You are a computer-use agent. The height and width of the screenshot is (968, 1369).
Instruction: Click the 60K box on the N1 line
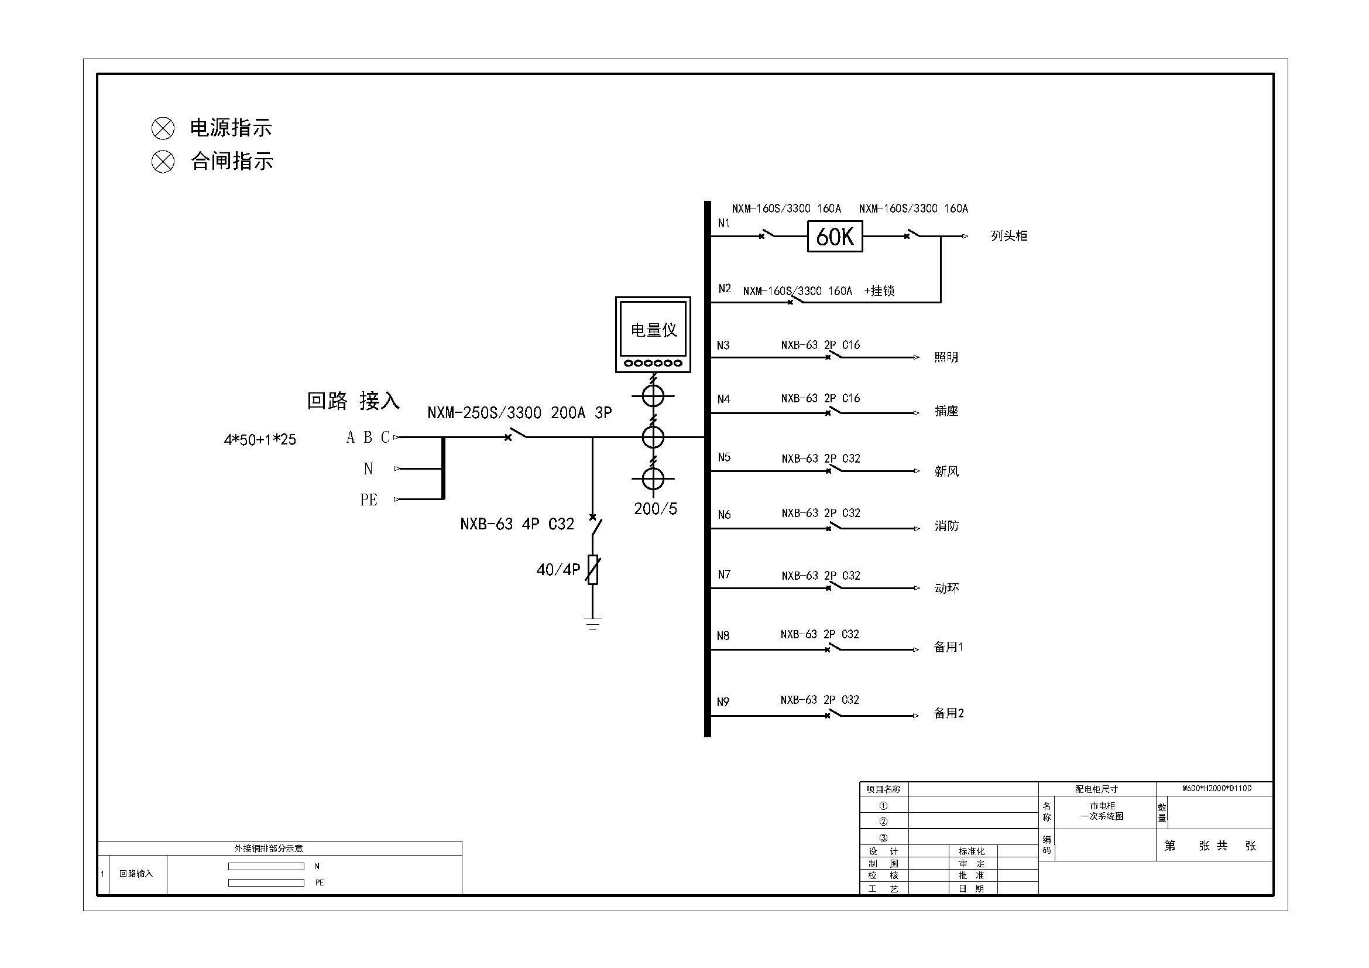tap(834, 237)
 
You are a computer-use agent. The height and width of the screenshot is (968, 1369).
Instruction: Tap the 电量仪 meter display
tap(653, 329)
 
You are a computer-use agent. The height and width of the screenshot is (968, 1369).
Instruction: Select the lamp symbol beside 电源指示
tap(163, 128)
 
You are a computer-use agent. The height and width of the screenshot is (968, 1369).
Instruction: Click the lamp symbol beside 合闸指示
tap(163, 162)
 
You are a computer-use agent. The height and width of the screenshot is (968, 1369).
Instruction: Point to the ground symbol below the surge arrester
tap(593, 623)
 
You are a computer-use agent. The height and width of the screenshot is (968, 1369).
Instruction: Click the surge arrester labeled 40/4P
tap(593, 570)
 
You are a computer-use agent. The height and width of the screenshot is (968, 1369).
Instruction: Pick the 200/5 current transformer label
tap(656, 509)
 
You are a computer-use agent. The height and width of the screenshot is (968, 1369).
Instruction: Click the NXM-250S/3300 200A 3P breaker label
tap(519, 413)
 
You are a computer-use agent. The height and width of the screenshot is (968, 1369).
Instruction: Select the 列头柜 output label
tap(1009, 236)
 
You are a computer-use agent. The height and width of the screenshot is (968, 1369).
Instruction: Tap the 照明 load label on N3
tap(946, 357)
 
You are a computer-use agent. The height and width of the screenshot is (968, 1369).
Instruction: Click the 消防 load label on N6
tap(946, 526)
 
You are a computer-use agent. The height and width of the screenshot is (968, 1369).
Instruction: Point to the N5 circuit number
tap(724, 457)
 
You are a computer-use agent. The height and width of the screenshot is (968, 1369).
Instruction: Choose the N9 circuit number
tap(723, 702)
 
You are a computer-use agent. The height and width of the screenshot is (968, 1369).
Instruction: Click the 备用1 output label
tap(948, 647)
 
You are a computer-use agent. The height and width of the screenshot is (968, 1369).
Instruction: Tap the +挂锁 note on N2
tap(880, 291)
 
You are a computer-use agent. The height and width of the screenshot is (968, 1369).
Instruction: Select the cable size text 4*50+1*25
tap(260, 440)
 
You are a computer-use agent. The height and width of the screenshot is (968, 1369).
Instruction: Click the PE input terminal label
tap(369, 500)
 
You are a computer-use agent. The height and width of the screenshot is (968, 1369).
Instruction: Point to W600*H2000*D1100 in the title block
tap(1217, 788)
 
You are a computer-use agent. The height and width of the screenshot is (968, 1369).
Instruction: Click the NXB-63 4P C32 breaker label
tap(517, 524)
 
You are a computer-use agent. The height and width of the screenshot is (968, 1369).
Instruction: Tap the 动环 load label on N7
tap(946, 589)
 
